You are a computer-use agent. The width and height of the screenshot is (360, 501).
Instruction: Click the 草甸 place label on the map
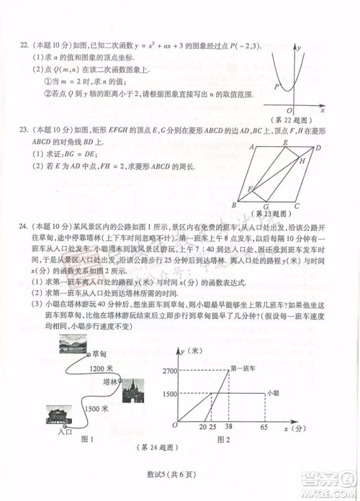tap(99, 355)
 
